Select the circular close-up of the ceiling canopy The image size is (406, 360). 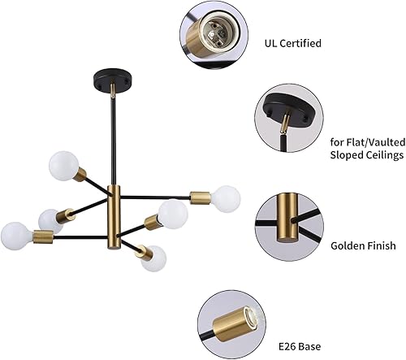(287, 120)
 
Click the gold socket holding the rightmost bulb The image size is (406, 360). (201, 196)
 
